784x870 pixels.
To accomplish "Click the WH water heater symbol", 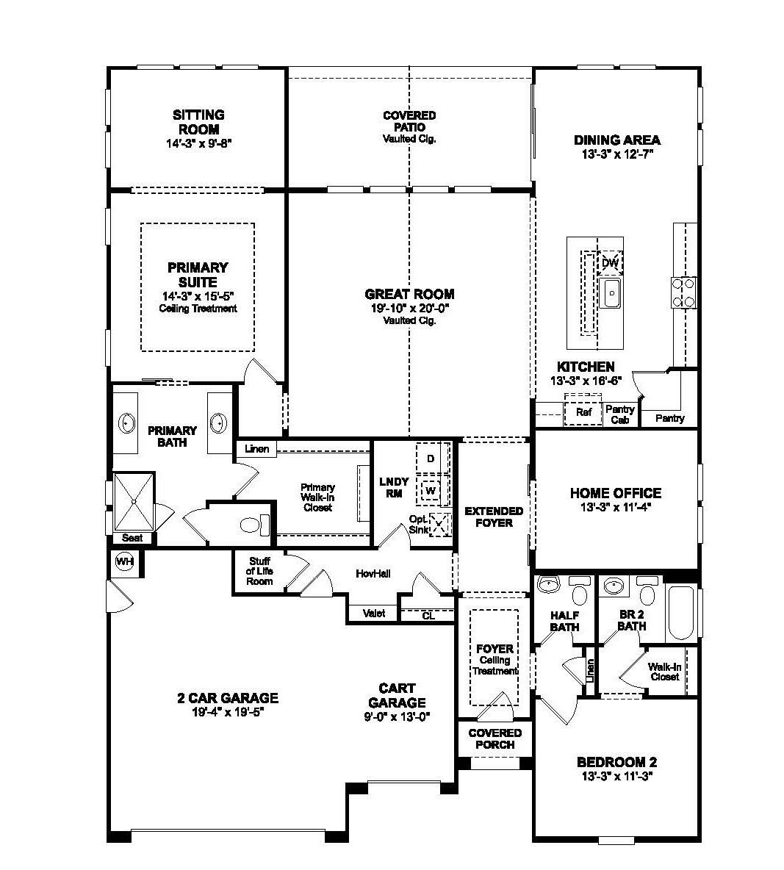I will pyautogui.click(x=124, y=562).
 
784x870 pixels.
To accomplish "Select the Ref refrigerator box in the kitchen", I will pyautogui.click(x=583, y=413).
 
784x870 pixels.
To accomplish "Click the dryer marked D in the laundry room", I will pyautogui.click(x=431, y=459).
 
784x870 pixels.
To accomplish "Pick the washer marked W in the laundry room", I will pyautogui.click(x=431, y=490).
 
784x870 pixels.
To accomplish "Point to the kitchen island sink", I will pyautogui.click(x=611, y=294).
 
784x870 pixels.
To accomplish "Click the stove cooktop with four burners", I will pyautogui.click(x=683, y=292).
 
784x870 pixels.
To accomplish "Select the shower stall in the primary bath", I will pyautogui.click(x=134, y=500).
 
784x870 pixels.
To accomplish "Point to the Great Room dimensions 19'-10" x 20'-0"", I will pyautogui.click(x=409, y=309).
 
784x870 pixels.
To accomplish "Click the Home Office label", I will pyautogui.click(x=615, y=493).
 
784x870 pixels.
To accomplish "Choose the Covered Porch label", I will pyautogui.click(x=495, y=738).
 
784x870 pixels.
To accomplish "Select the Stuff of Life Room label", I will pyautogui.click(x=259, y=571).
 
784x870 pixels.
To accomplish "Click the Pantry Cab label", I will pyautogui.click(x=619, y=414).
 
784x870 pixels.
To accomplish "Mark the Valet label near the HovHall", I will pyautogui.click(x=374, y=614).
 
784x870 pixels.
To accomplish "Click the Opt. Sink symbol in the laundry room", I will pyautogui.click(x=439, y=525).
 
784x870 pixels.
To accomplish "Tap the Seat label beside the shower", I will pyautogui.click(x=132, y=538).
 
